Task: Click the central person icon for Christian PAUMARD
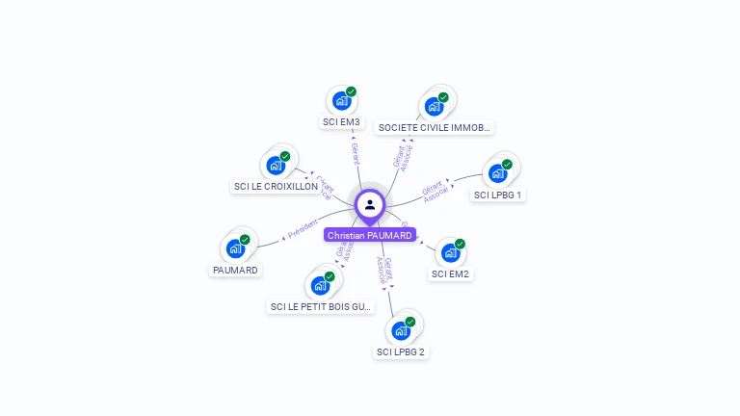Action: (x=370, y=204)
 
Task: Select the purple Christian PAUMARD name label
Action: (x=370, y=235)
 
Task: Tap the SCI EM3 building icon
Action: (x=341, y=100)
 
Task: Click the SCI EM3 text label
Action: (x=341, y=122)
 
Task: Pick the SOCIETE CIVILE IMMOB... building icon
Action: (x=434, y=106)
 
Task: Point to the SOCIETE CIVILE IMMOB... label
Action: (x=435, y=127)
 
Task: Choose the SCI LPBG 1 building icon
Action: (x=497, y=173)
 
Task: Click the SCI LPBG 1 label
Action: (x=498, y=195)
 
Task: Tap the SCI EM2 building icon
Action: (x=450, y=252)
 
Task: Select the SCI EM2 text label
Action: (x=450, y=273)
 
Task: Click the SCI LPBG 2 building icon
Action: (x=400, y=330)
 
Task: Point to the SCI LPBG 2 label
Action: (x=401, y=351)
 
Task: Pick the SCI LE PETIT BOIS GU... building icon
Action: (x=320, y=285)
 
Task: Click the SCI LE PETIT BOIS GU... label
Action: (x=321, y=306)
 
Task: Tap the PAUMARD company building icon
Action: (x=235, y=248)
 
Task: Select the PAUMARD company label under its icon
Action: (x=235, y=270)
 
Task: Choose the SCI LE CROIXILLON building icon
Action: (x=276, y=165)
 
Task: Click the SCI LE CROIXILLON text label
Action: (x=276, y=186)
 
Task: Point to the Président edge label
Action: (x=302, y=229)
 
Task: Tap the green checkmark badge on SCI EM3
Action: (x=351, y=91)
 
